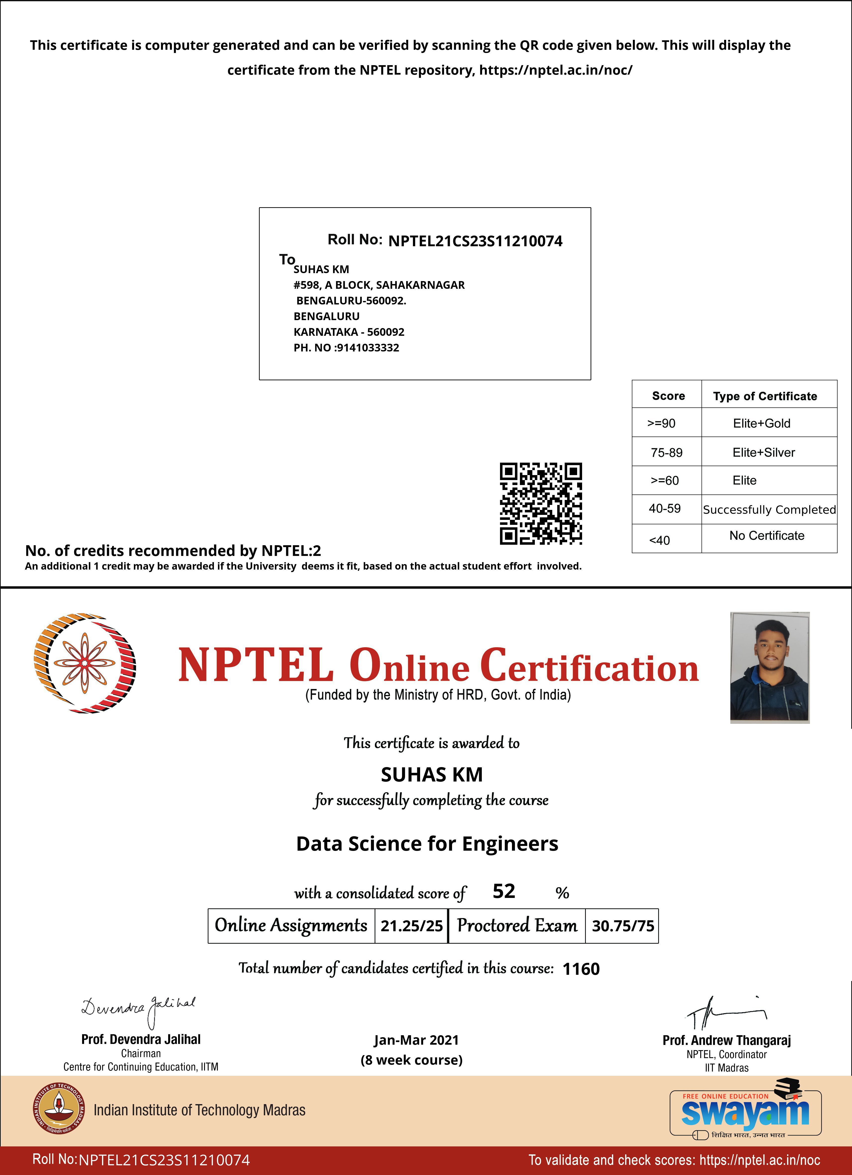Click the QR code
pyautogui.click(x=541, y=504)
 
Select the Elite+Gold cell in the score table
pyautogui.click(x=761, y=423)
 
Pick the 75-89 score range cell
pyautogui.click(x=666, y=452)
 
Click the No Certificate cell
pyautogui.click(x=766, y=536)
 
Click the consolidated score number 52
pyautogui.click(x=504, y=891)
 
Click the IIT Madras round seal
pyautogui.click(x=57, y=1109)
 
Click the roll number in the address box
pyautogui.click(x=475, y=241)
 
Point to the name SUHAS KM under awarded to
pyautogui.click(x=432, y=775)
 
